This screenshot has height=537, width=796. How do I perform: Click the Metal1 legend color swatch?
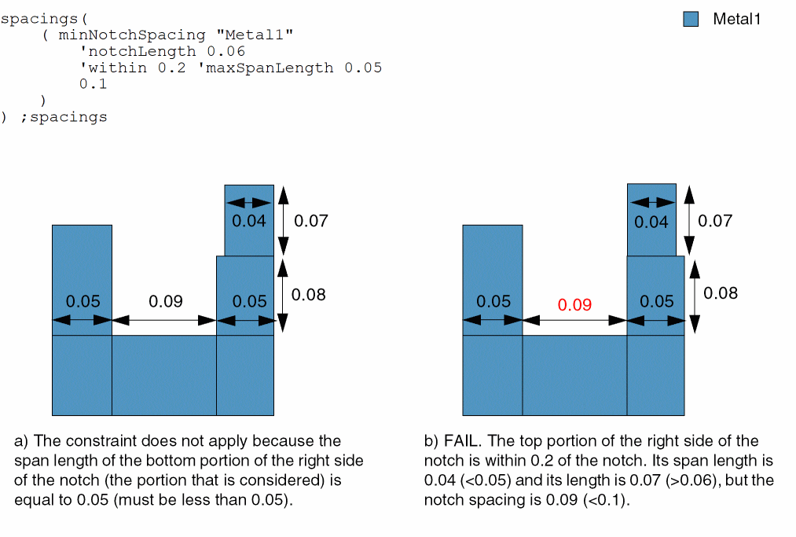point(691,20)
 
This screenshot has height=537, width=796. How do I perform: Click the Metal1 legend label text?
point(736,20)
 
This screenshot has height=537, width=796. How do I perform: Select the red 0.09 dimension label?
point(574,305)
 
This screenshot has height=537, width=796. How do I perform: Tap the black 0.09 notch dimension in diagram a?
point(166,301)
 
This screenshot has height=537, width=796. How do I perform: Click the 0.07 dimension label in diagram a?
point(310,221)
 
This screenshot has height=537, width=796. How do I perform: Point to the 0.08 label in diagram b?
point(721,293)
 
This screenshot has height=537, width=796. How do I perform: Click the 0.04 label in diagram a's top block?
point(249,221)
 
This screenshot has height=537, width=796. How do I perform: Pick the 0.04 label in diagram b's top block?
point(651,222)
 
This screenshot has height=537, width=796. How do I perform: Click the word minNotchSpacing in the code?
point(132,35)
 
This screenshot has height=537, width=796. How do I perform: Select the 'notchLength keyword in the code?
point(138,52)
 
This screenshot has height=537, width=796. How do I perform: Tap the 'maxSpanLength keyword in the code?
point(265,68)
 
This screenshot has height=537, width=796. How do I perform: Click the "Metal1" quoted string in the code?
point(255,35)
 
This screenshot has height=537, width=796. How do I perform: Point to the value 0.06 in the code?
point(226,52)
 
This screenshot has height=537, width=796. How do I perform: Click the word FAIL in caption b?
point(460,441)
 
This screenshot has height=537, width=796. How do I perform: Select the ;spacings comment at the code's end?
point(64,118)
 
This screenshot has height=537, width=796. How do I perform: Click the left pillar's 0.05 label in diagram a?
point(83,301)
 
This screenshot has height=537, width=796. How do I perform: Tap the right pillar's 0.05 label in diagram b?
point(656,301)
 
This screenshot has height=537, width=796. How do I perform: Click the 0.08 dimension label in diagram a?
point(308,295)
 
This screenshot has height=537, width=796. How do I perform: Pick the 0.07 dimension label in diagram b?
point(715,221)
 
